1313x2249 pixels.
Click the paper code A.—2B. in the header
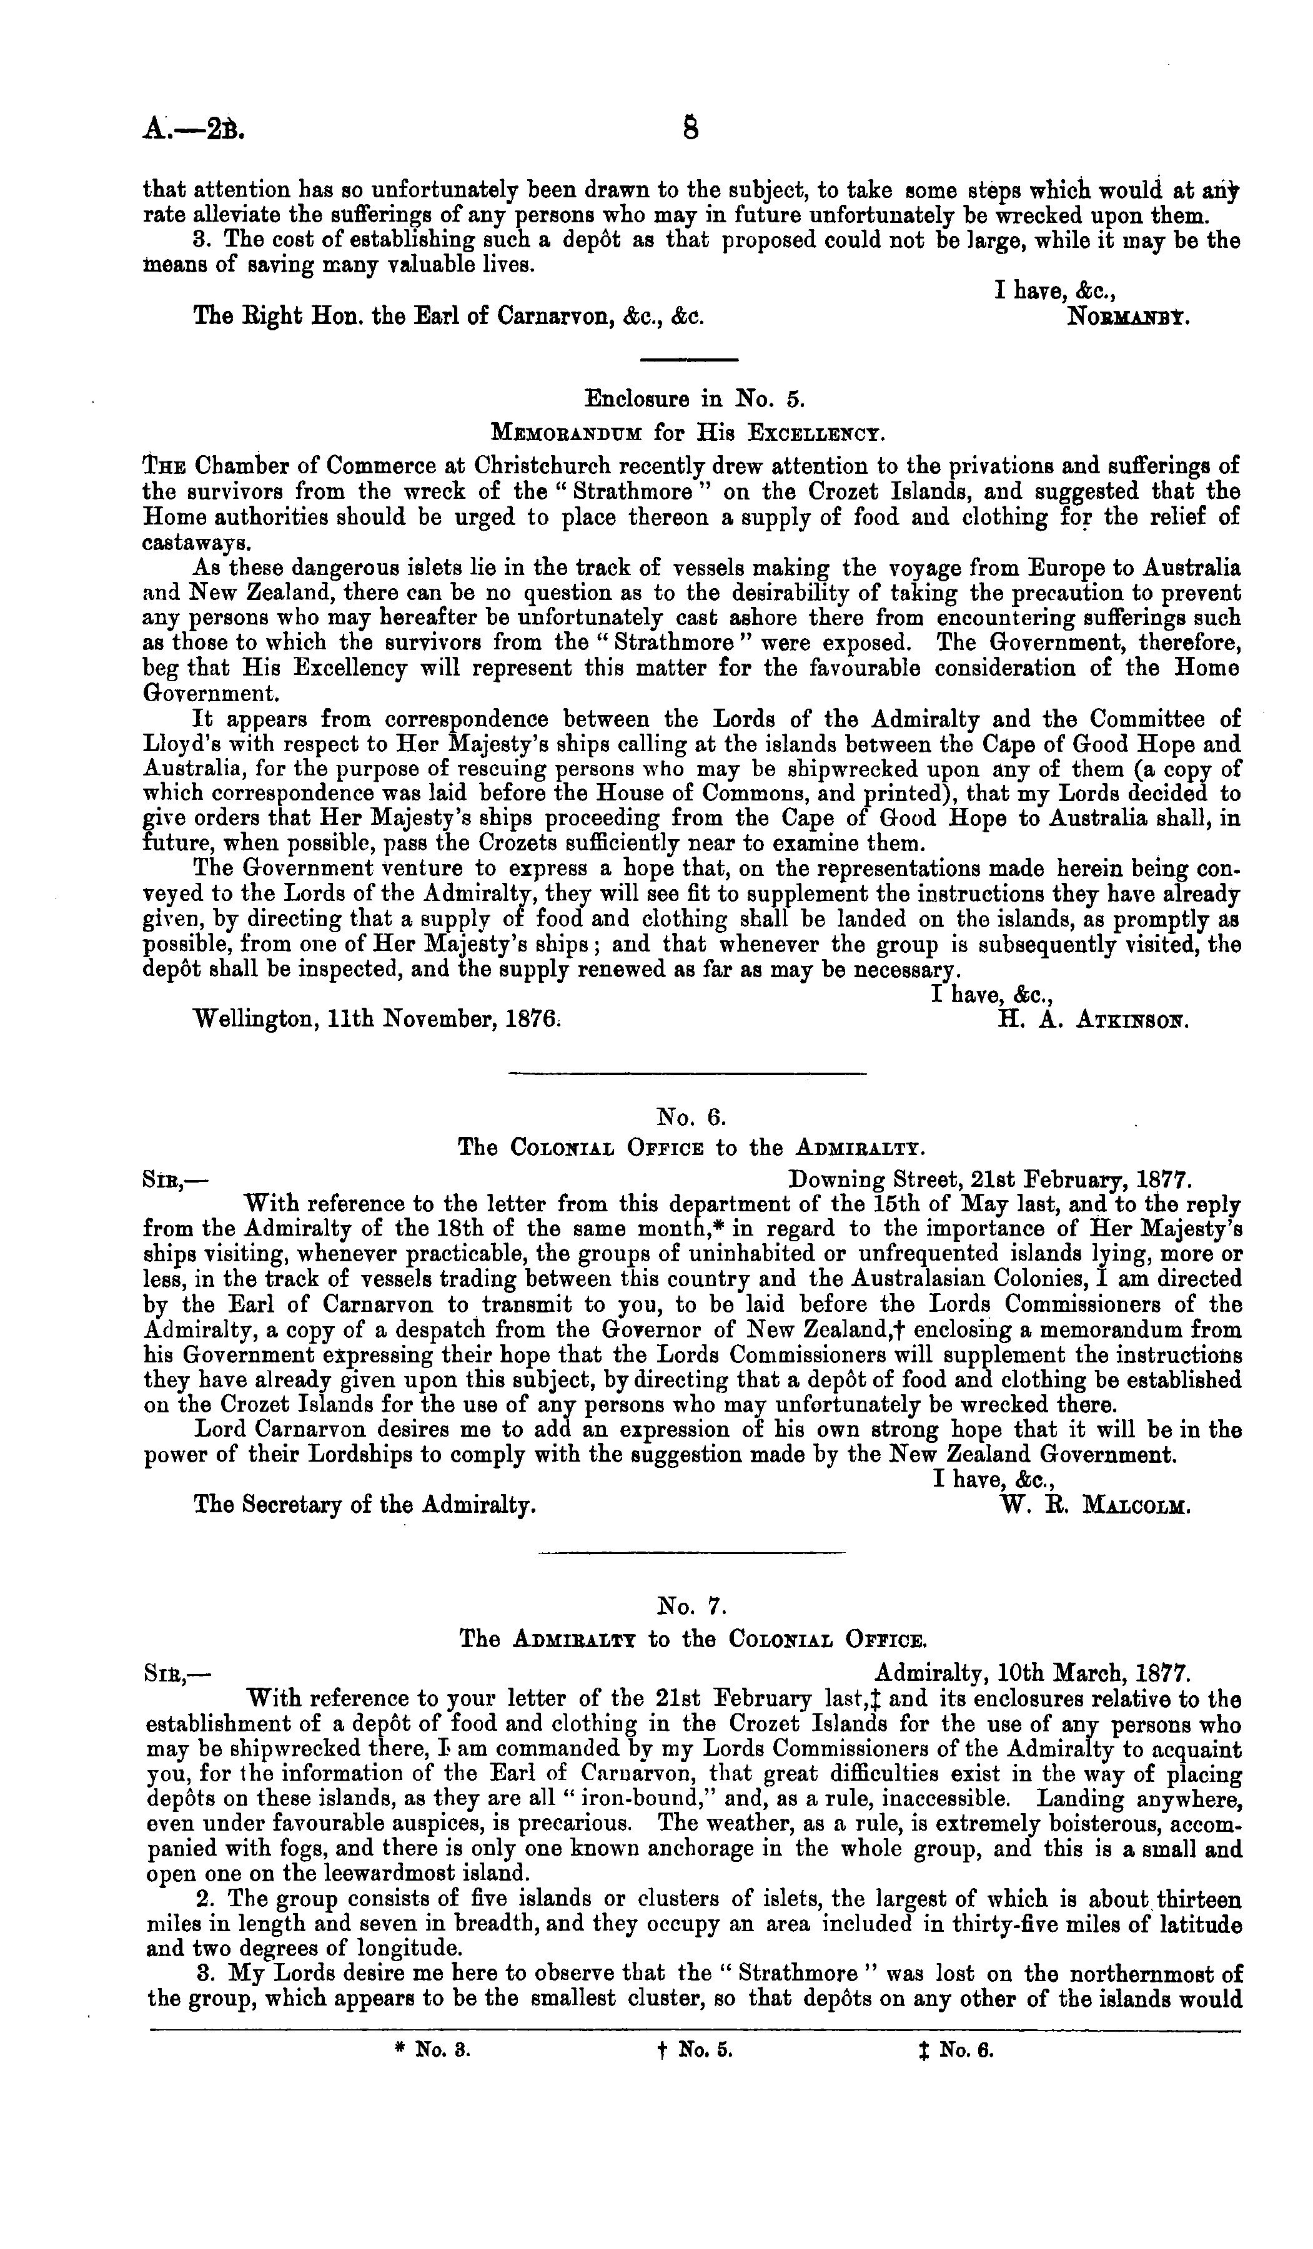[x=193, y=131]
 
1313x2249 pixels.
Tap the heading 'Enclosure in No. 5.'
[x=695, y=398]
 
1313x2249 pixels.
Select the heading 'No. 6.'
[x=693, y=1116]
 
